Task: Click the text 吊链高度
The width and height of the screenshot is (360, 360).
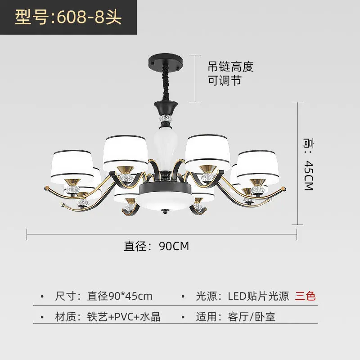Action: [x=230, y=67]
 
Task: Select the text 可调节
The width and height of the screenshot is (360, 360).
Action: [x=225, y=81]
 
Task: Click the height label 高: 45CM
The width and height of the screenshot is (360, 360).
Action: [x=308, y=163]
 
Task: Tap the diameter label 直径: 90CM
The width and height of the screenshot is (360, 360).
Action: [x=156, y=246]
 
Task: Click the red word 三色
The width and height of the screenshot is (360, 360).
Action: [x=306, y=296]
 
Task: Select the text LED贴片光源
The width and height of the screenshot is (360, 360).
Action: [x=258, y=296]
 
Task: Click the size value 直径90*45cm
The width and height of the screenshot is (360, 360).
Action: [x=120, y=296]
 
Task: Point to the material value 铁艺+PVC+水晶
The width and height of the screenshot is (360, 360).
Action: [x=124, y=316]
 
